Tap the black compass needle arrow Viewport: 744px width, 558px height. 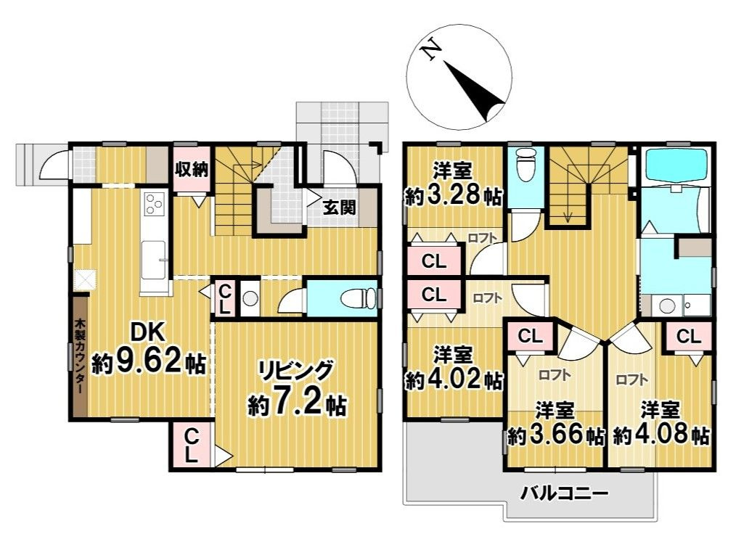(x=475, y=91)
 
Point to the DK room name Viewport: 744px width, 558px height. (x=148, y=332)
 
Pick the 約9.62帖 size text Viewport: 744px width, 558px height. (x=149, y=363)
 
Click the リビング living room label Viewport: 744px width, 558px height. (x=296, y=371)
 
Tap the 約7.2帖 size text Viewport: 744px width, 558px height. (x=297, y=405)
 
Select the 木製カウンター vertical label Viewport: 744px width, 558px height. (x=79, y=357)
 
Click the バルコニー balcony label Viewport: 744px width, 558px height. (x=564, y=494)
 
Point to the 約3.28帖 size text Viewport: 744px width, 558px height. (x=453, y=195)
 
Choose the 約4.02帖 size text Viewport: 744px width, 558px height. (x=453, y=379)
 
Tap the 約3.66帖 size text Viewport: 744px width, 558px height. (x=555, y=435)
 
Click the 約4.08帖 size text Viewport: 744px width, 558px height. (x=661, y=435)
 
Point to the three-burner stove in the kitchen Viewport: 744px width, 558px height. (x=155, y=204)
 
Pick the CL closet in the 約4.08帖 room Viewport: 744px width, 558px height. (x=688, y=337)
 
